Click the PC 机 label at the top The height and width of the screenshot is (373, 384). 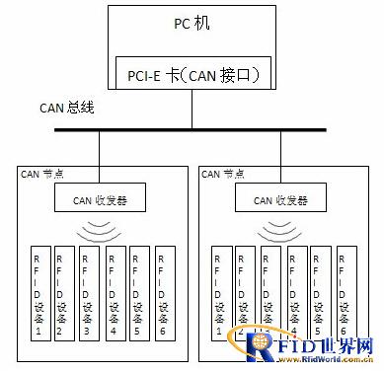click(x=192, y=21)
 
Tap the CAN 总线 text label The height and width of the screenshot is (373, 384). click(x=66, y=108)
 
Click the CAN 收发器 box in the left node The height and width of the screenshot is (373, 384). click(x=100, y=201)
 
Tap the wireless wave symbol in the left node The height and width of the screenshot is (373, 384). click(x=100, y=231)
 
